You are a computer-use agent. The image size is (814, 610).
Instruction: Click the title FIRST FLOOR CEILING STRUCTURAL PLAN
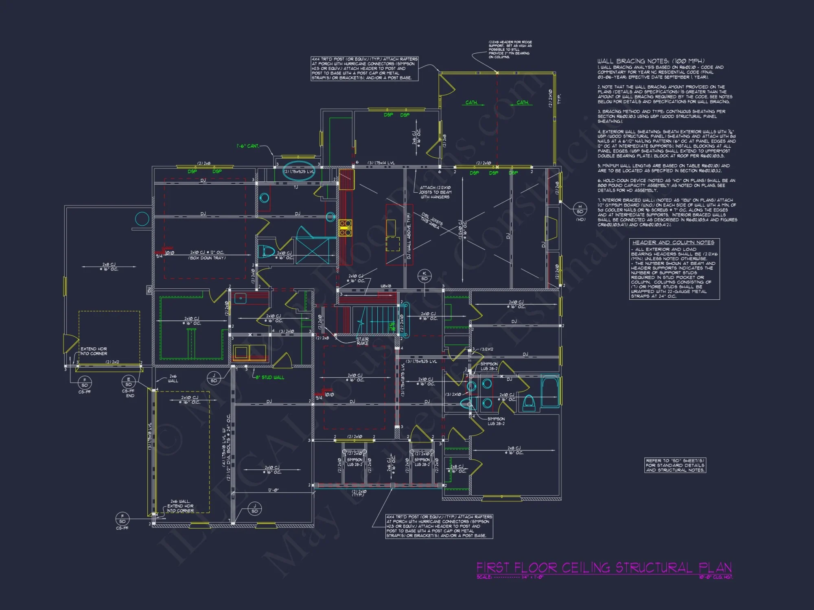tap(604, 568)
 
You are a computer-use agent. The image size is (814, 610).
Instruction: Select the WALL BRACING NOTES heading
tap(651, 61)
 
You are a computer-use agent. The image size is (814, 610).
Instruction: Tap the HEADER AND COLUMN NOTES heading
tap(673, 242)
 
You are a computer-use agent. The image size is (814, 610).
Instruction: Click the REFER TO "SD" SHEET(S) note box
tap(675, 465)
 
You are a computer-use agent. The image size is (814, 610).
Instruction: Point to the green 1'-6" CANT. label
tap(247, 146)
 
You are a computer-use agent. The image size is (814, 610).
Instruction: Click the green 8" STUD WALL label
tap(270, 377)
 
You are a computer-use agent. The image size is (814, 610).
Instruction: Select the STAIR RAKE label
tap(362, 341)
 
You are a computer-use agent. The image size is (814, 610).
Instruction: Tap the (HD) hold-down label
tap(580, 220)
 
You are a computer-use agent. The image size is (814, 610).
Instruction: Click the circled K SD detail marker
tap(425, 276)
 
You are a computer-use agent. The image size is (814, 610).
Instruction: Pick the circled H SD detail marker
tap(580, 209)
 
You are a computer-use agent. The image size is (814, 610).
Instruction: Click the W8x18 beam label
tap(386, 286)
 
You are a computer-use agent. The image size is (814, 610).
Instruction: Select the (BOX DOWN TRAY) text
tap(207, 258)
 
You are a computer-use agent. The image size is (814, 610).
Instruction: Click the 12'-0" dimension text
tap(273, 490)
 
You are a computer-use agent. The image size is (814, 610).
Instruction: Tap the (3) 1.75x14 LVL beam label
tap(381, 163)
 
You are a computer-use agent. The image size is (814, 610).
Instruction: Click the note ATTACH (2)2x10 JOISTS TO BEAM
tap(435, 192)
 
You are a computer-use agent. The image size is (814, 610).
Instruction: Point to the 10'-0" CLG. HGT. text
tap(716, 577)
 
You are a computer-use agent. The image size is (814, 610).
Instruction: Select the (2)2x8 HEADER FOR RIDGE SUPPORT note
tap(510, 50)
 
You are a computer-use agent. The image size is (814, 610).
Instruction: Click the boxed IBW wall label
tap(149, 290)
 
